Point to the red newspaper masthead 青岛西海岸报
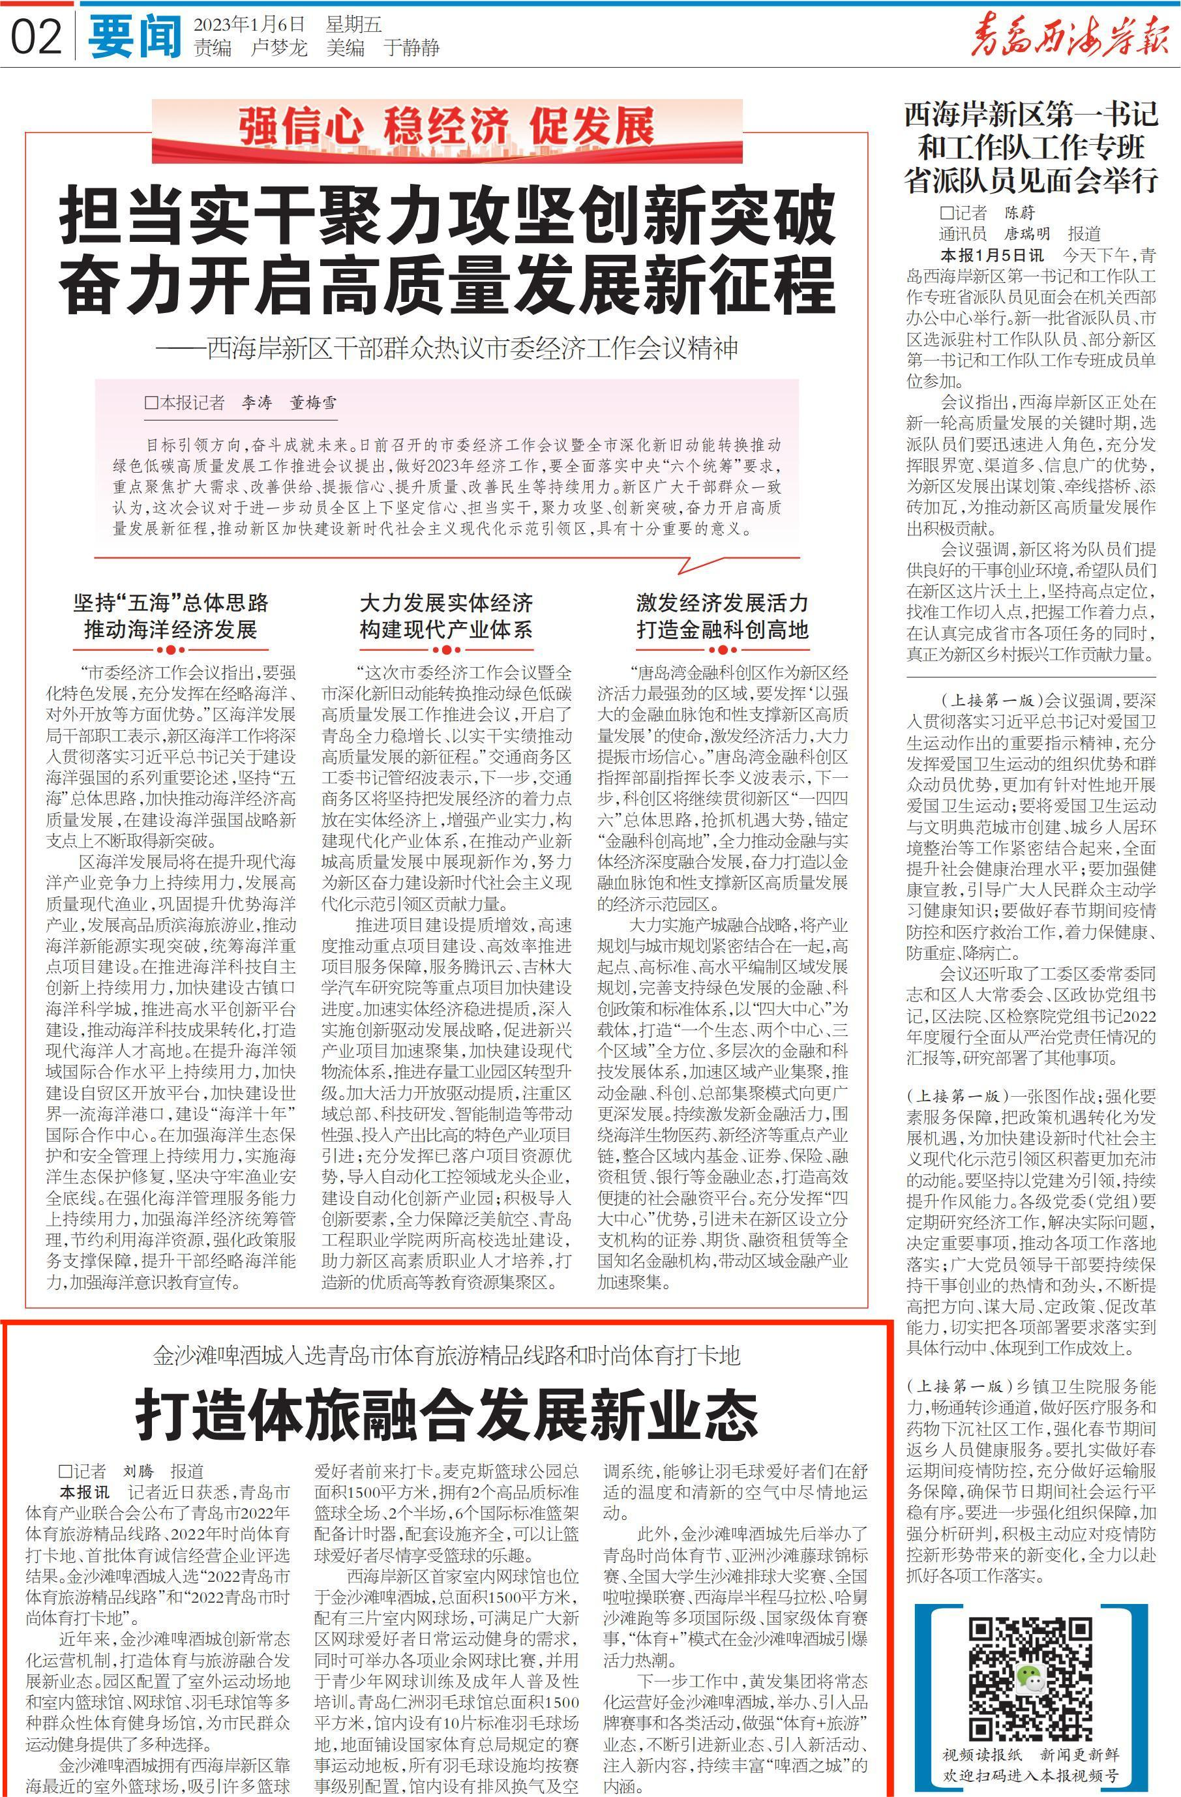[1068, 37]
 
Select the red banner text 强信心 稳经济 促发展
[447, 127]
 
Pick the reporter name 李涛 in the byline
[257, 403]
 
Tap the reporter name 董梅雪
[314, 403]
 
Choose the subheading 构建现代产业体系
[446, 630]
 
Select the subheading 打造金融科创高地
[722, 630]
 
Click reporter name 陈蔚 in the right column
[1019, 213]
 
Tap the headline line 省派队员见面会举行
[1031, 180]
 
